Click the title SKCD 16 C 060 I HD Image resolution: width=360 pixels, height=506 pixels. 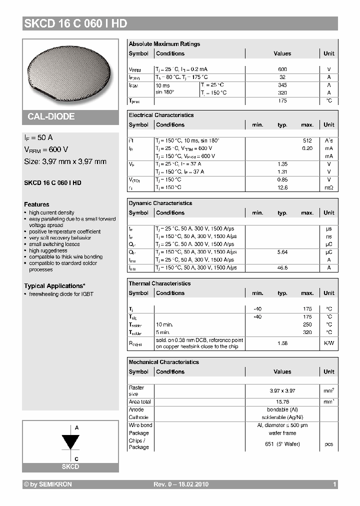75,23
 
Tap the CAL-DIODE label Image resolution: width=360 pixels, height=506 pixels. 51,116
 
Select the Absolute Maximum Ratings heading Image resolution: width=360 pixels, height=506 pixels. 164,44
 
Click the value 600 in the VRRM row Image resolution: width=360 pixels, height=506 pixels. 282,69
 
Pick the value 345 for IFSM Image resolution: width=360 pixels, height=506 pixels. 282,85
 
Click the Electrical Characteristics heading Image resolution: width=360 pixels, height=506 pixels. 161,115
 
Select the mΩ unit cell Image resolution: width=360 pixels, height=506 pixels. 328,187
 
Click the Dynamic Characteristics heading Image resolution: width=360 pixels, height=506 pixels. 160,203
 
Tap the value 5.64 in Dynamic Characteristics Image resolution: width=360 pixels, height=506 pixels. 282,252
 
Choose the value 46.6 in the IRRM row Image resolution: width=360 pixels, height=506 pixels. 282,268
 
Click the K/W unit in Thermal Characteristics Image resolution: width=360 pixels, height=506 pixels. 328,343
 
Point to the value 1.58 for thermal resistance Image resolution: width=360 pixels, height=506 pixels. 282,343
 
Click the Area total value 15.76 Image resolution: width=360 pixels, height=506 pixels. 282,401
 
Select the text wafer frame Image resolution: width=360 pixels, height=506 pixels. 282,433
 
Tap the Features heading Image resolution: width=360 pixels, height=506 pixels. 36,204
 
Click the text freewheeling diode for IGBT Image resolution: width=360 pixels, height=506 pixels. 61,294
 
